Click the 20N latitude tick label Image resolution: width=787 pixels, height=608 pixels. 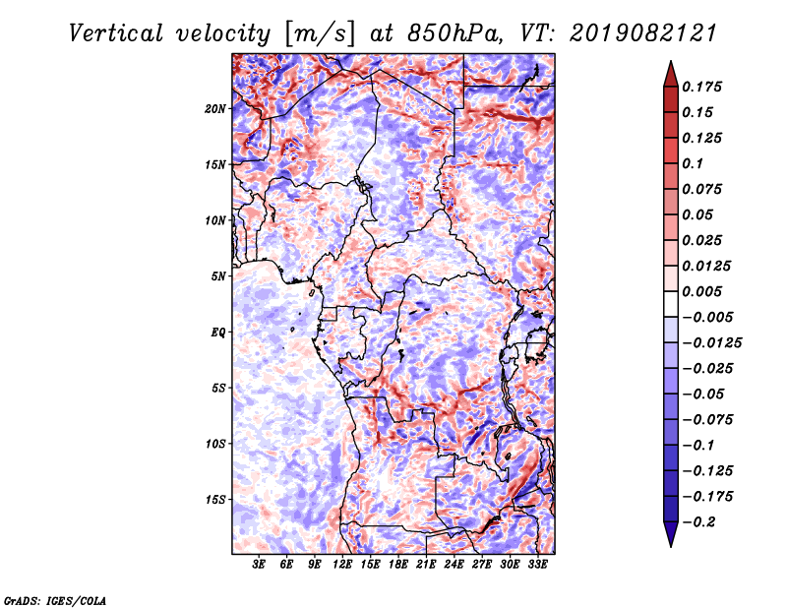pos(215,108)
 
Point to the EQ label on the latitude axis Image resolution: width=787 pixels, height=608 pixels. pos(217,332)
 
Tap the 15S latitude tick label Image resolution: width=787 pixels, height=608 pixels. pos(215,499)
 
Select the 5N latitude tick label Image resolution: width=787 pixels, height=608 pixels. pos(218,276)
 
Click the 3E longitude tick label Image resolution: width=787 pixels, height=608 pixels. pos(259,564)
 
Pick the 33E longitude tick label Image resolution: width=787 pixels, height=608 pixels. pos(537,564)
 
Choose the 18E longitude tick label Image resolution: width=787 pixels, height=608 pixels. pos(398,564)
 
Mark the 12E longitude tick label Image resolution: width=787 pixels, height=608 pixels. pos(342,564)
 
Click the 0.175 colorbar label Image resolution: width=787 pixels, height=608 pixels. pos(701,87)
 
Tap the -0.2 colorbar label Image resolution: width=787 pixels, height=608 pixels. pos(698,521)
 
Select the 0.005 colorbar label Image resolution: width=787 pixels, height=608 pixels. pos(701,291)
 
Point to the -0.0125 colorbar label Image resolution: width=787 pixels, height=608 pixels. pos(711,342)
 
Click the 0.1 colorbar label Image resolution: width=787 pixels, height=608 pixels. pos(693,163)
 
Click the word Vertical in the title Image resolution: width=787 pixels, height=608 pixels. pos(116,33)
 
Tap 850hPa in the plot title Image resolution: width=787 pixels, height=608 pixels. pos(454,33)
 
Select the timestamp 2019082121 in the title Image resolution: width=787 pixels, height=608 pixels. pos(643,33)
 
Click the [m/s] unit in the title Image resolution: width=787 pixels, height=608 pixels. pos(320,33)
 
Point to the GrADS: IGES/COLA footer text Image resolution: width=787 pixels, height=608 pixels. pos(55,600)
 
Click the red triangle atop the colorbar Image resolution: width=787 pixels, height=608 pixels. pos(671,74)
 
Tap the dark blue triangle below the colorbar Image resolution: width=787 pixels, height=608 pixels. pos(671,534)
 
